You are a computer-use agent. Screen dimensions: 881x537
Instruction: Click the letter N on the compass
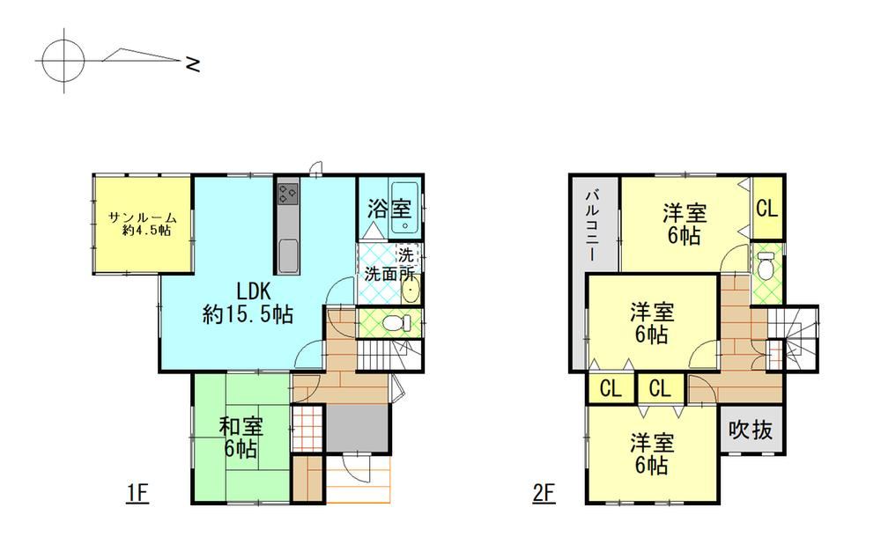[x=193, y=64]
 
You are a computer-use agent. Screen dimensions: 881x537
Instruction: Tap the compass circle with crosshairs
[x=63, y=60]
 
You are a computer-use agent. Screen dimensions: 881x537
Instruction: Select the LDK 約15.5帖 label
[x=248, y=302]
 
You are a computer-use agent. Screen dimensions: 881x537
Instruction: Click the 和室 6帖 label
[x=241, y=438]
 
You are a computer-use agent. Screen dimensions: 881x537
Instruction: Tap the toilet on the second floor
[x=766, y=265]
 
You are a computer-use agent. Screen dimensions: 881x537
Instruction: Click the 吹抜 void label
[x=751, y=430]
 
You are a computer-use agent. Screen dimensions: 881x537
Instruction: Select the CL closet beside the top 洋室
[x=767, y=209]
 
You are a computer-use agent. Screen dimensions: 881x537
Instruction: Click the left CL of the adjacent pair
[x=611, y=388]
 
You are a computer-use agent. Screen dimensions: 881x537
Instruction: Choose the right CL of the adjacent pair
[x=660, y=388]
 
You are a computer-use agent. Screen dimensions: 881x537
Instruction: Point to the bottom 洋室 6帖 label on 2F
[x=651, y=454]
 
